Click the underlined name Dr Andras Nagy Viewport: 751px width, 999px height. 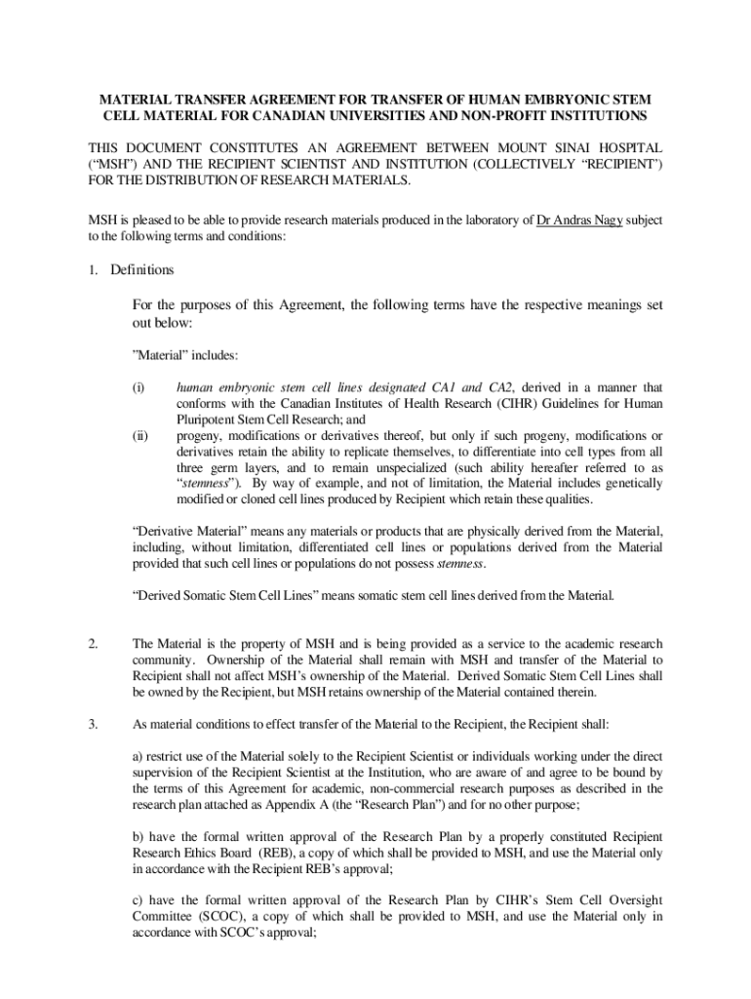[582, 220]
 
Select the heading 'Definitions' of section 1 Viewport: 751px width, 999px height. [142, 269]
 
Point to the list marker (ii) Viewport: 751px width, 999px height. [140, 435]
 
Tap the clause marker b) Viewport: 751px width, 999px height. [138, 837]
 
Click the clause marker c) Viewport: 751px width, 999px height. [138, 900]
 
